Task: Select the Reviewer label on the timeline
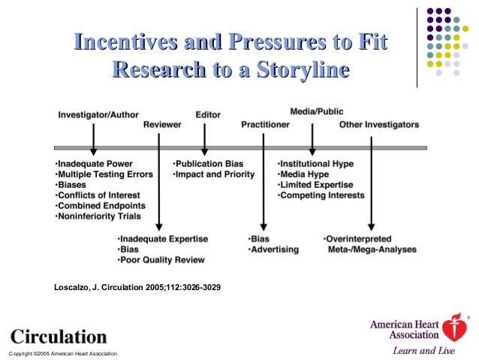(x=163, y=126)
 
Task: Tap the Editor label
(x=208, y=115)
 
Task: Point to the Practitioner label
(x=265, y=125)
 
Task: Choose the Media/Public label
(x=317, y=111)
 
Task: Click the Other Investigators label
(x=378, y=125)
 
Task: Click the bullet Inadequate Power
(x=94, y=163)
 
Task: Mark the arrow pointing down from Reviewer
(x=158, y=188)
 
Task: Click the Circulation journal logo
(x=58, y=335)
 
